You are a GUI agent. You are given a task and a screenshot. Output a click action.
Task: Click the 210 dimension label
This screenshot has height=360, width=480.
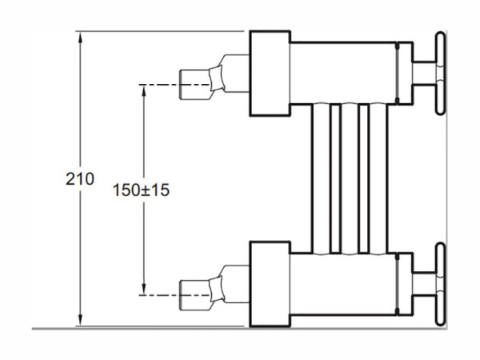(x=80, y=179)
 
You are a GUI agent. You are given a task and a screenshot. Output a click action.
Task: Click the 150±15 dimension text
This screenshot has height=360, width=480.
(x=141, y=190)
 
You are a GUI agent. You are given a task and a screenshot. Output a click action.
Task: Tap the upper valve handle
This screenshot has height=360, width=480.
(x=441, y=74)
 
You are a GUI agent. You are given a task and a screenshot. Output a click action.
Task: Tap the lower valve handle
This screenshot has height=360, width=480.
(x=441, y=284)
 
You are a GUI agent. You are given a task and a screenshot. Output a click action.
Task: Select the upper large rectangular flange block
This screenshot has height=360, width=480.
(x=270, y=74)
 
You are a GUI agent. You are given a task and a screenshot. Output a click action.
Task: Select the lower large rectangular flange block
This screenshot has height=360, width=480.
(x=270, y=284)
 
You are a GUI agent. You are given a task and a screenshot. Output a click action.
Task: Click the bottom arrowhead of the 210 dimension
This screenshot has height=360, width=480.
(x=80, y=320)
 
